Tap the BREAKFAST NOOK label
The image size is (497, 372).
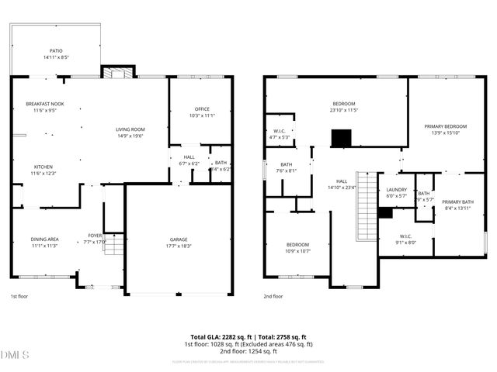(x=44, y=104)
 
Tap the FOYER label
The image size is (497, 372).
(x=95, y=236)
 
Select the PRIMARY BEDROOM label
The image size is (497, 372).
(x=445, y=126)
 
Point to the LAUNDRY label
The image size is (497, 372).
(x=396, y=190)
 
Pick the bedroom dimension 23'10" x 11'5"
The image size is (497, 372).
(x=344, y=110)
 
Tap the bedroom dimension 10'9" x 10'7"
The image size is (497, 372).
(x=298, y=251)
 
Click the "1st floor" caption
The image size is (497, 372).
(x=19, y=296)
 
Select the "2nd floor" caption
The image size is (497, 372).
(x=273, y=296)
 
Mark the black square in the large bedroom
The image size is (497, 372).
(x=342, y=138)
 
